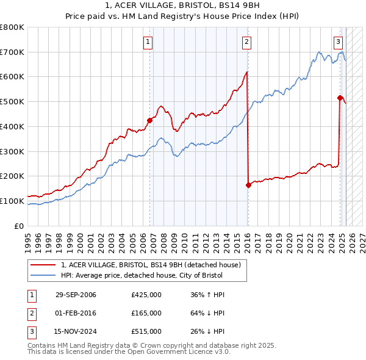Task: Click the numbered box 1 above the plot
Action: tap(149, 42)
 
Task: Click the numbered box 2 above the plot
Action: tap(246, 42)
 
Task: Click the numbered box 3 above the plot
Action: tap(338, 42)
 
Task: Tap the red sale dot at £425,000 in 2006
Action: tap(149, 120)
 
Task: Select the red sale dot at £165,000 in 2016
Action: tap(248, 185)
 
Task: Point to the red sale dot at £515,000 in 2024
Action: tap(340, 98)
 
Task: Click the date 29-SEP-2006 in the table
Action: tap(76, 295)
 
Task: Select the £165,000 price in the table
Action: tap(146, 313)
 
